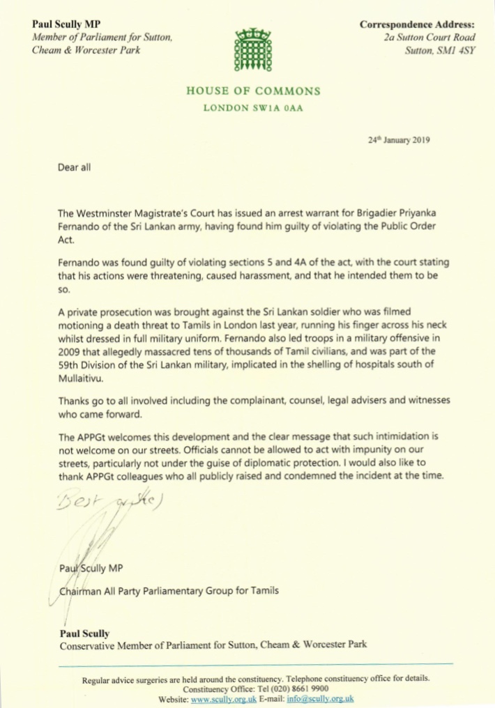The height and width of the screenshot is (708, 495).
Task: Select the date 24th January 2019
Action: tap(399, 139)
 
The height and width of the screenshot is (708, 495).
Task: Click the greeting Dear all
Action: tap(75, 167)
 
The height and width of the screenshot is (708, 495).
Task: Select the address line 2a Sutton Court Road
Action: tap(430, 38)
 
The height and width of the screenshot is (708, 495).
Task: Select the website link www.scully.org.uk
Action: tap(224, 698)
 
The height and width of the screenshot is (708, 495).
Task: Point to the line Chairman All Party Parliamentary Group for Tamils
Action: tap(169, 592)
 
